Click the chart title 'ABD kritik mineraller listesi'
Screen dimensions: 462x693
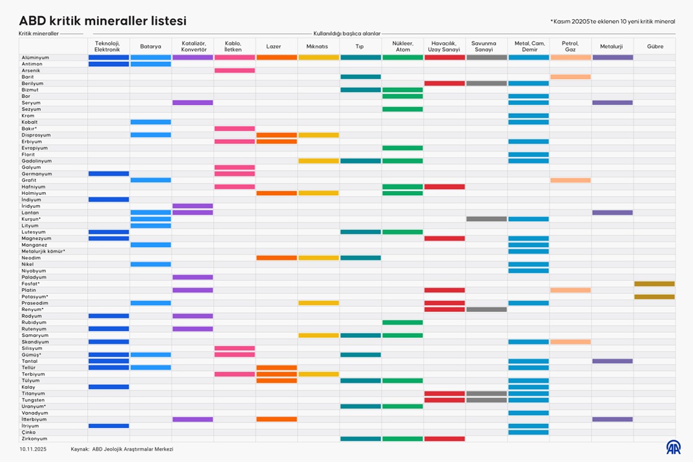pyautogui.click(x=103, y=21)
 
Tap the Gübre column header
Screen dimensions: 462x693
pyautogui.click(x=655, y=46)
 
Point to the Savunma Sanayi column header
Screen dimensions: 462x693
pyautogui.click(x=487, y=46)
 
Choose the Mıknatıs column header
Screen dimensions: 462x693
pyautogui.click(x=317, y=46)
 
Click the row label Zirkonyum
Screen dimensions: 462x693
pyautogui.click(x=34, y=438)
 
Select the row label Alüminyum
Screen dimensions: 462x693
pyautogui.click(x=35, y=58)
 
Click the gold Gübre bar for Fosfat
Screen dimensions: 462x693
pyautogui.click(x=655, y=284)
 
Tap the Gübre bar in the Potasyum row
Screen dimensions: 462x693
pyautogui.click(x=655, y=297)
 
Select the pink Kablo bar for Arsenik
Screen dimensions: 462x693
pyautogui.click(x=235, y=71)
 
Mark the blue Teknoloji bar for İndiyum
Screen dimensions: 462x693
pyautogui.click(x=108, y=199)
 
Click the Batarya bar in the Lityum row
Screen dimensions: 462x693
pyautogui.click(x=150, y=225)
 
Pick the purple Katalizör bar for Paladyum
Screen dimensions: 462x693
pyautogui.click(x=192, y=277)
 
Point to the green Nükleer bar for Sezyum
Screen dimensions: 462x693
pyautogui.click(x=402, y=109)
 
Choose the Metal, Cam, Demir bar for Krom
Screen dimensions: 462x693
pyautogui.click(x=528, y=116)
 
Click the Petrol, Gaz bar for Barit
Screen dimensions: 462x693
pyautogui.click(x=570, y=77)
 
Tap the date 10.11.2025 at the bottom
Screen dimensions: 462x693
pyautogui.click(x=33, y=449)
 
